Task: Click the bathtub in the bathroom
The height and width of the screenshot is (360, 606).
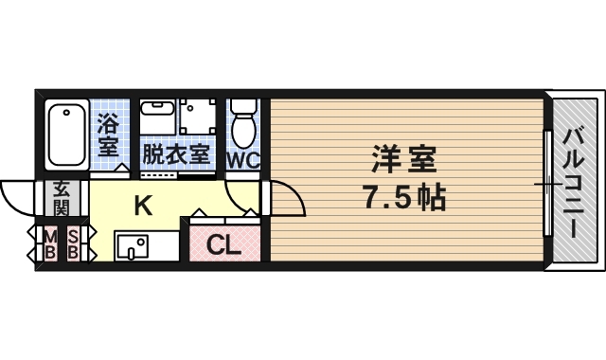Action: tap(67, 135)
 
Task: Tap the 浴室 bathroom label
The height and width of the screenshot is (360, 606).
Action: tap(108, 135)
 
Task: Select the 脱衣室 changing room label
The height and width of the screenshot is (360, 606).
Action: tap(176, 153)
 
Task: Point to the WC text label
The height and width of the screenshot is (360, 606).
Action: tap(242, 160)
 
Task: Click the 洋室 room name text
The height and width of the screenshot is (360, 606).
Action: tap(404, 159)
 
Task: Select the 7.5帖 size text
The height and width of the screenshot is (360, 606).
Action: tap(405, 197)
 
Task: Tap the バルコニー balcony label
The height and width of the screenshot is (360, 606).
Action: tap(573, 183)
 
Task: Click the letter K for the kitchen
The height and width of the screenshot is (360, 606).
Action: tap(143, 206)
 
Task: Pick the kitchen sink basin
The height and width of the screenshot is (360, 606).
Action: tap(133, 246)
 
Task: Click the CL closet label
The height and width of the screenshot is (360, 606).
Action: tap(223, 244)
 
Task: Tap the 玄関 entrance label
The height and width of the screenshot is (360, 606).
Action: tap(61, 198)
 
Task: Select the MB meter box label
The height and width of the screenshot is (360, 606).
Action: tap(50, 244)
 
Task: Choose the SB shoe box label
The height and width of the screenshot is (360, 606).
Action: tap(73, 244)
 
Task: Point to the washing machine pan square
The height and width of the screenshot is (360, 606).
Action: tap(197, 117)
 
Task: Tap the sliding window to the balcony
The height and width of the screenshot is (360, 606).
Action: tap(547, 183)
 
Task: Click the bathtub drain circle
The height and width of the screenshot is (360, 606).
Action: tap(66, 113)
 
